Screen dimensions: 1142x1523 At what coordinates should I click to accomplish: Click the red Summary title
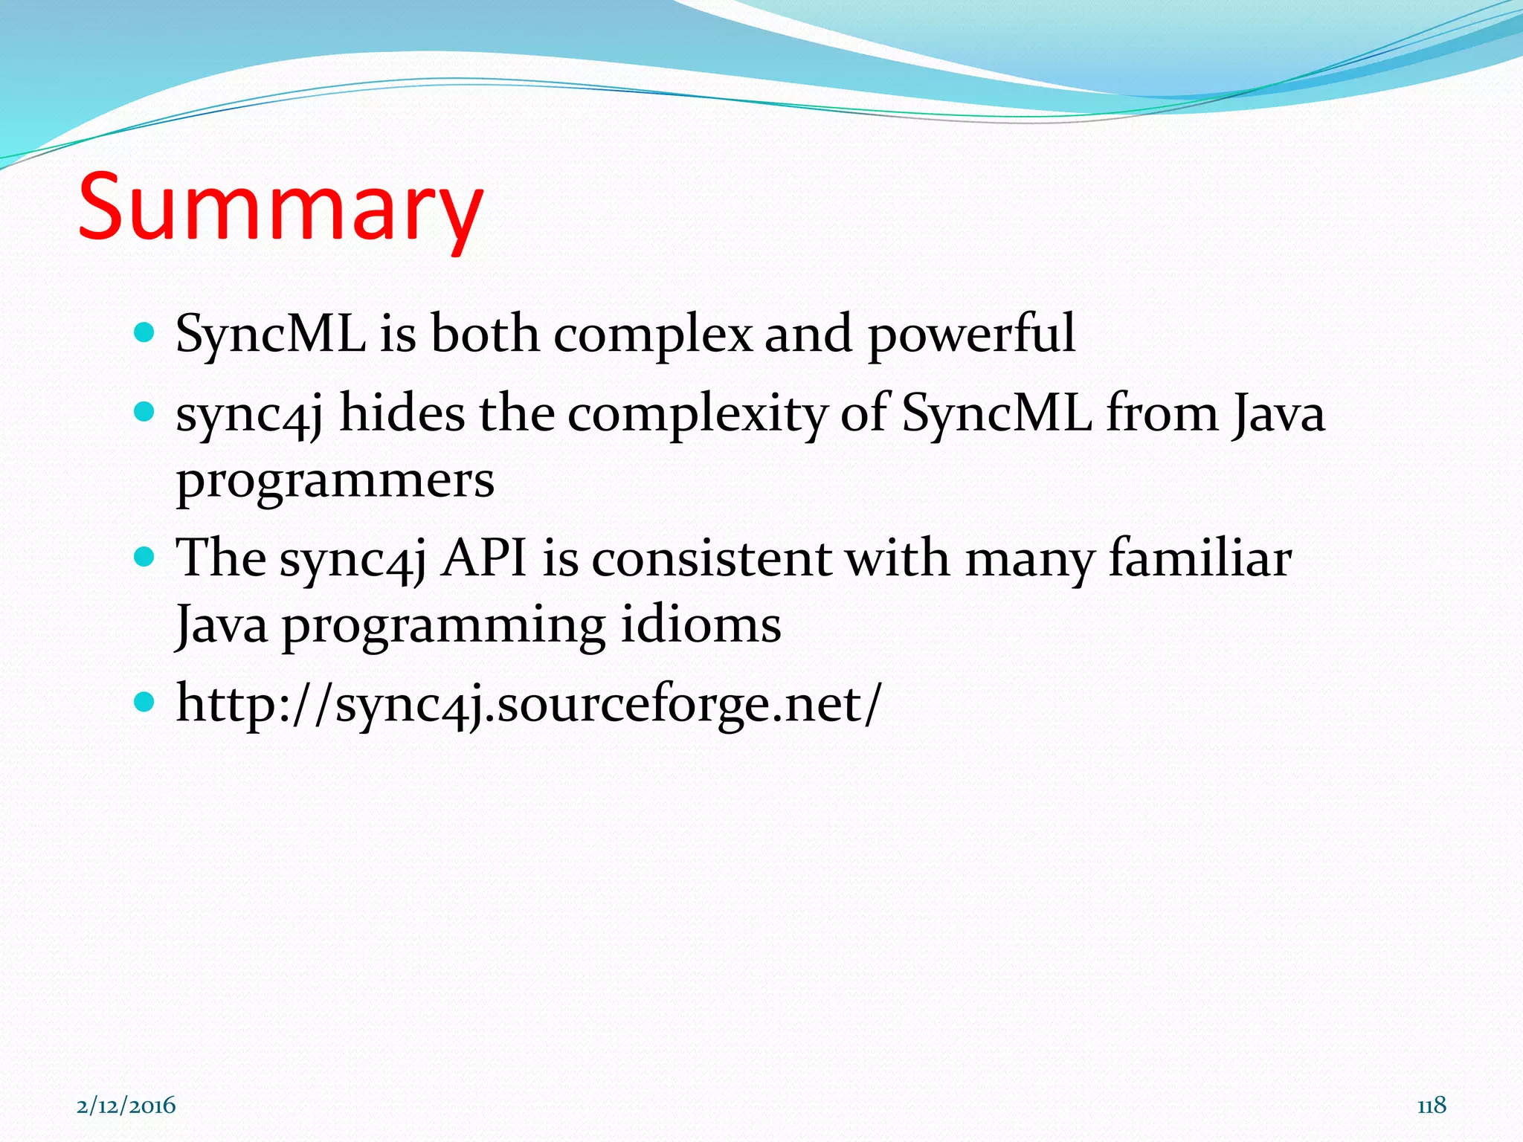pyautogui.click(x=280, y=207)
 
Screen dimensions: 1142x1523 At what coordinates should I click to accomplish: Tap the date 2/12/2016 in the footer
pyautogui.click(x=126, y=1106)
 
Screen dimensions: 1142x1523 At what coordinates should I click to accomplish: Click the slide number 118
pyautogui.click(x=1432, y=1105)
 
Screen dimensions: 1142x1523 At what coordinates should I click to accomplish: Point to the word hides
pyautogui.click(x=402, y=413)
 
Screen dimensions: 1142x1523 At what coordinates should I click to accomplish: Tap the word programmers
pyautogui.click(x=335, y=481)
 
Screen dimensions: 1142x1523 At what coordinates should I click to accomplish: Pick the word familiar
pyautogui.click(x=1200, y=558)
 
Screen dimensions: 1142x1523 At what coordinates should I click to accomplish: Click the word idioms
pyautogui.click(x=701, y=625)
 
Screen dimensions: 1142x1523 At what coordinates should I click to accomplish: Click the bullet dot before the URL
pyautogui.click(x=144, y=701)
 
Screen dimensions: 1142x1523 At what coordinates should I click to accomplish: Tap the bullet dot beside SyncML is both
pyautogui.click(x=144, y=332)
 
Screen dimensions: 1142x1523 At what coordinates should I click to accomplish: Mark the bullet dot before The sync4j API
pyautogui.click(x=144, y=556)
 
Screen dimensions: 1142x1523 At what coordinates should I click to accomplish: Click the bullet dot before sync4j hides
pyautogui.click(x=144, y=411)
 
